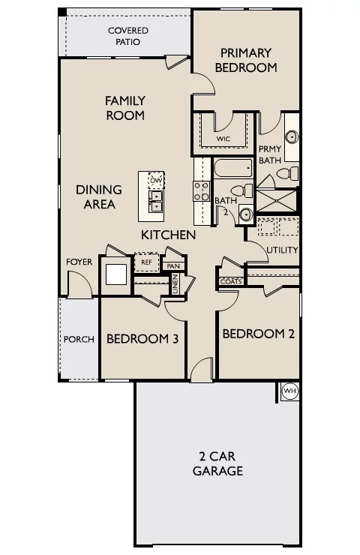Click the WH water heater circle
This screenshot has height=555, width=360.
(290, 391)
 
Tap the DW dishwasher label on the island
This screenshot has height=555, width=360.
(156, 181)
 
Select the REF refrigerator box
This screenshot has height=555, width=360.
(146, 262)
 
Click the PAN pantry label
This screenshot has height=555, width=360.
(173, 266)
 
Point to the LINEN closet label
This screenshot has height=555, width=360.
(175, 283)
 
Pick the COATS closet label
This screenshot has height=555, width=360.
(231, 282)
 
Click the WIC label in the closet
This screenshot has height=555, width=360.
(223, 139)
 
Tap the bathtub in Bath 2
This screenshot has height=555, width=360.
(233, 168)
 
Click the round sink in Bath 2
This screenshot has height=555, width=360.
(246, 214)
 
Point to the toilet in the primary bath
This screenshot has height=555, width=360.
(287, 174)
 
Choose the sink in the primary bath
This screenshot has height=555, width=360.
(292, 137)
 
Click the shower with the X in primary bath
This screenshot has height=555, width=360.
(276, 201)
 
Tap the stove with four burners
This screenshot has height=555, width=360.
(202, 190)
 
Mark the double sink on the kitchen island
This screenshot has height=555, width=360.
(156, 201)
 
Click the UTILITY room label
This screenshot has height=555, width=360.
(282, 250)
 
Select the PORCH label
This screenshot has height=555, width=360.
(79, 340)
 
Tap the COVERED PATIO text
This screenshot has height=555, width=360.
(128, 36)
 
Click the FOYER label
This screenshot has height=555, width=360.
(79, 262)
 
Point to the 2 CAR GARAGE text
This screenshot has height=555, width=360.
(217, 463)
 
